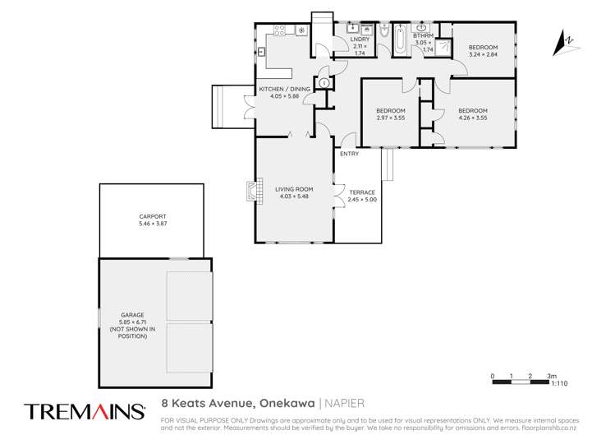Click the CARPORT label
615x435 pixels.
[152, 216]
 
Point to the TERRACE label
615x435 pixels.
[362, 192]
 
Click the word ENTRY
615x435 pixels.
[349, 154]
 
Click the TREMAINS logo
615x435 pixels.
[85, 410]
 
